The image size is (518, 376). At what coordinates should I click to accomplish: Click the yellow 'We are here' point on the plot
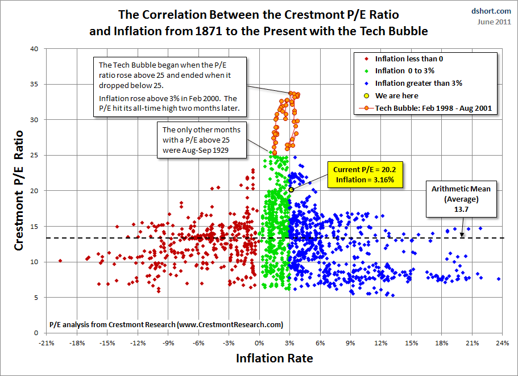[x=291, y=190]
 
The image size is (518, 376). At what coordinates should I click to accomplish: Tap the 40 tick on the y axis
[x=34, y=49]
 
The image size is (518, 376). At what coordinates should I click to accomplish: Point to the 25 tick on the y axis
[x=34, y=155]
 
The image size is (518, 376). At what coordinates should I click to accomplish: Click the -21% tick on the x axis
[x=46, y=343]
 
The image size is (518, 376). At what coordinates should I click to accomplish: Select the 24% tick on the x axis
[x=502, y=343]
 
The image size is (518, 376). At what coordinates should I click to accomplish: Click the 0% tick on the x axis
[x=259, y=343]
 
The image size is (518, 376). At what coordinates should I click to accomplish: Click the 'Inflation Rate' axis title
[x=273, y=359]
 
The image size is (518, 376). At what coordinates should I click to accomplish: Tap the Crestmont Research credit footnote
[x=166, y=324]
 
